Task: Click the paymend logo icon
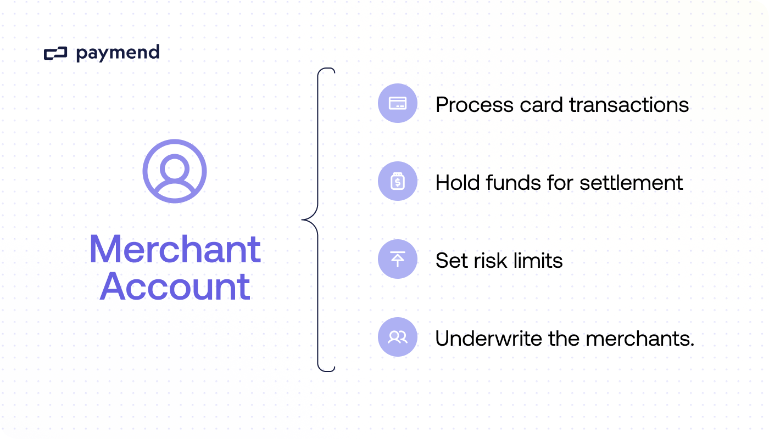[x=55, y=53]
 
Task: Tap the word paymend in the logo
[x=118, y=53]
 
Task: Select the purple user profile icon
[x=175, y=171]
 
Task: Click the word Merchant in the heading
[x=175, y=249]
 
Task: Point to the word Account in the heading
[x=175, y=286]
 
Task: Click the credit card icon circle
[x=398, y=103]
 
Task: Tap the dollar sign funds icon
[x=398, y=181]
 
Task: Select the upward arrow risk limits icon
[x=398, y=259]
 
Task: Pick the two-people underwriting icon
[x=398, y=337]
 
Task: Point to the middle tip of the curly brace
[x=303, y=219]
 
